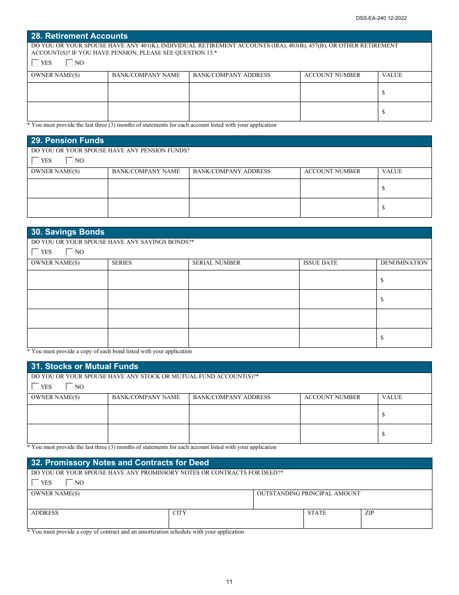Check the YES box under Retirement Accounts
35,63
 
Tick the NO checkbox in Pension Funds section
69,161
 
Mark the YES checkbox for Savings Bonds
35,252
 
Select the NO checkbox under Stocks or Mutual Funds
69,387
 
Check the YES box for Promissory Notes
35,483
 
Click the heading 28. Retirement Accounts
79,36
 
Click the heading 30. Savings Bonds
68,232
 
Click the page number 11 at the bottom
229,582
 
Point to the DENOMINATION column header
404,263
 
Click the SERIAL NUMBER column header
216,263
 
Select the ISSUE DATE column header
320,263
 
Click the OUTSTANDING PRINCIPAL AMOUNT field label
308,494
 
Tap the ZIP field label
369,513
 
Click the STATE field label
316,513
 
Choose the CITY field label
179,513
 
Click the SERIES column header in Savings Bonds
121,263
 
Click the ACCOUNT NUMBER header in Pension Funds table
332,172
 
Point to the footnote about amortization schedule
135,532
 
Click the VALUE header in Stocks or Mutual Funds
392,398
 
